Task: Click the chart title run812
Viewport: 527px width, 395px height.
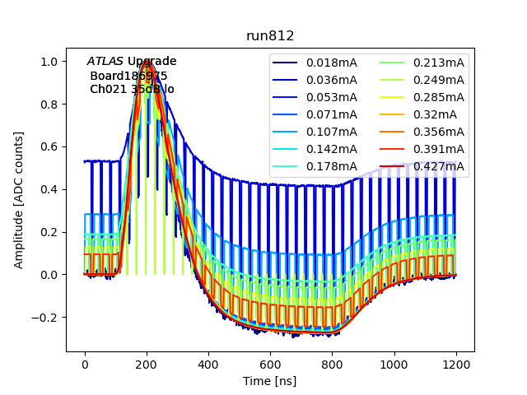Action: [270, 37]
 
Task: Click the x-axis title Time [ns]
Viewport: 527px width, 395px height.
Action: [269, 381]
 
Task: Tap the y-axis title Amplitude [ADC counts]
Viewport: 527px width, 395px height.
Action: [19, 199]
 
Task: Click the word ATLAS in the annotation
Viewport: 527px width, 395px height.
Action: [105, 62]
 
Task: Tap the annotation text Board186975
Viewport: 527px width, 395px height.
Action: [128, 76]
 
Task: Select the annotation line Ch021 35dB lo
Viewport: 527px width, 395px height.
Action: [132, 89]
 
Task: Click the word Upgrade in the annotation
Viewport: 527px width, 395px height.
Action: [152, 62]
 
